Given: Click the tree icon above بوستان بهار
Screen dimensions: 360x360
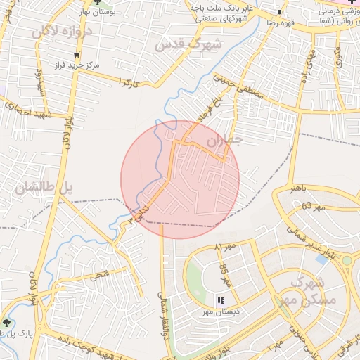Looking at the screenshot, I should pyautogui.click(x=96, y=3).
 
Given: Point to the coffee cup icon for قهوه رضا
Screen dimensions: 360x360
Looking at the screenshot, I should pyautogui.click(x=280, y=13).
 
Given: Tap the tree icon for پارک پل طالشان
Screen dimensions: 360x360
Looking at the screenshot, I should pyautogui.click(x=7, y=323).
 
